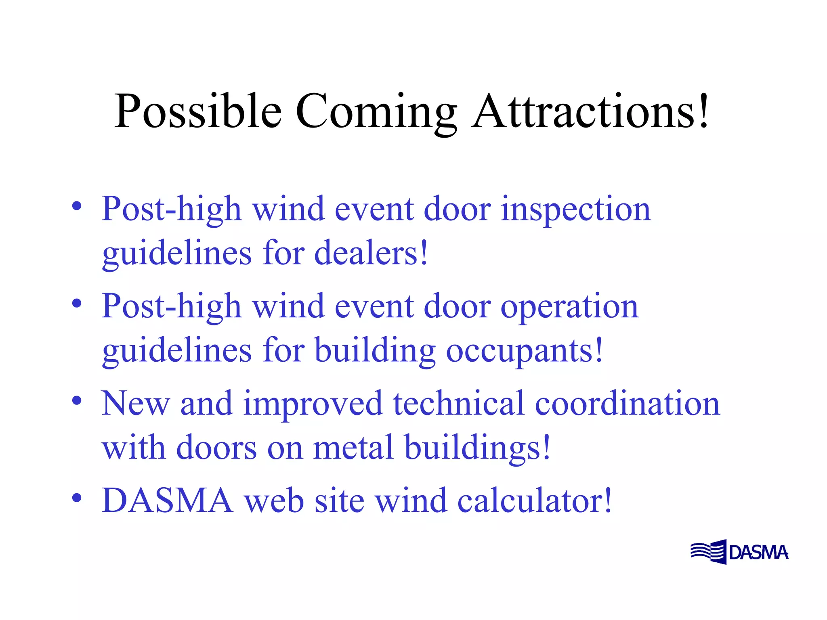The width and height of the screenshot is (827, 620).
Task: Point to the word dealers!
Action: tap(371, 253)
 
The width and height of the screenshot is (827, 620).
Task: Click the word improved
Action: tap(313, 404)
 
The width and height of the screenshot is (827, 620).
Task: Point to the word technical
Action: tap(459, 404)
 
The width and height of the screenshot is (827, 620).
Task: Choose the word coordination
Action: tap(627, 404)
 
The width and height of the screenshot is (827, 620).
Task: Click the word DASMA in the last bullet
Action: tap(167, 501)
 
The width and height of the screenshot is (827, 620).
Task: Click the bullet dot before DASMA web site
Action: tap(77, 498)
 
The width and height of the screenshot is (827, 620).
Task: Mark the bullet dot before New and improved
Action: tap(77, 401)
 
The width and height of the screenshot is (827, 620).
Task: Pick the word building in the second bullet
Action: tap(375, 350)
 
